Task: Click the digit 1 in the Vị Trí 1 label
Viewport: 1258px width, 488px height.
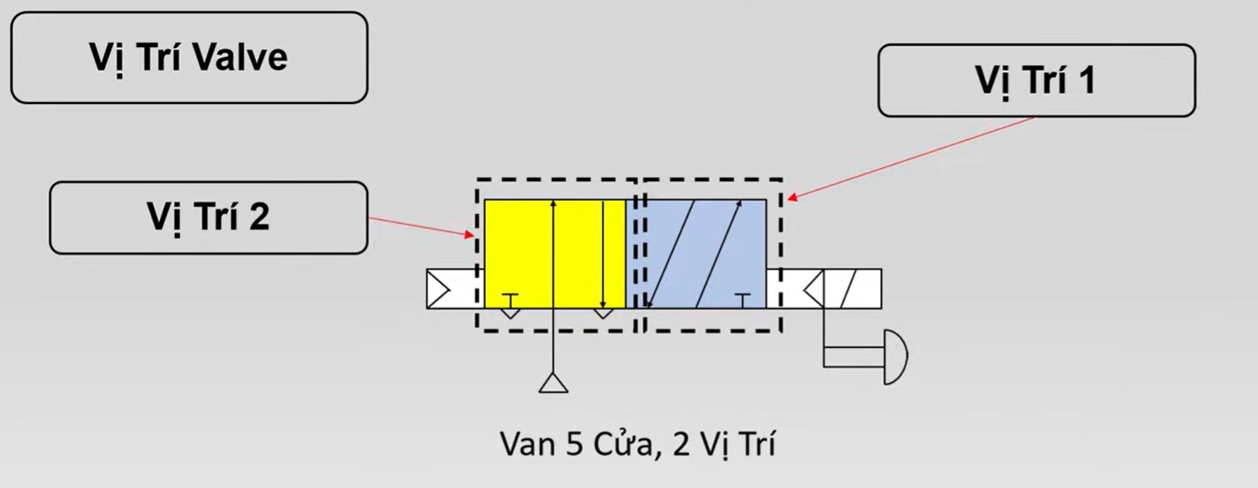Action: coord(1086,80)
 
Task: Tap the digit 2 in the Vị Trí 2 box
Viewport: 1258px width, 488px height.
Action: coord(259,217)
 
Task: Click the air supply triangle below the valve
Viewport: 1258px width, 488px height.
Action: coord(554,383)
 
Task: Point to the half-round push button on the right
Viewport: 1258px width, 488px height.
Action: coord(896,356)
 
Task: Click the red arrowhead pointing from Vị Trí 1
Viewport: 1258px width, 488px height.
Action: coord(792,197)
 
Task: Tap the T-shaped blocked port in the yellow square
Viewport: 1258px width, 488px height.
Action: coord(510,298)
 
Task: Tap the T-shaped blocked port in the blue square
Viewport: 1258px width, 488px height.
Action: coord(742,298)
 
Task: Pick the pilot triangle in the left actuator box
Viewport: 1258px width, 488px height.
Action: coord(439,289)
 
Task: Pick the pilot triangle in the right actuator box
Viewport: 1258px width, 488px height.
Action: coord(813,289)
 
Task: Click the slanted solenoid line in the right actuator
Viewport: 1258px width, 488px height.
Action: coord(850,289)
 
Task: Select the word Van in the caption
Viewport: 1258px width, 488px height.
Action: coord(528,445)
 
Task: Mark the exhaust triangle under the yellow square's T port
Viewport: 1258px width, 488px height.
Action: coord(510,313)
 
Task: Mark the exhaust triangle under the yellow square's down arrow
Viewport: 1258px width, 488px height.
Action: coord(603,313)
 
